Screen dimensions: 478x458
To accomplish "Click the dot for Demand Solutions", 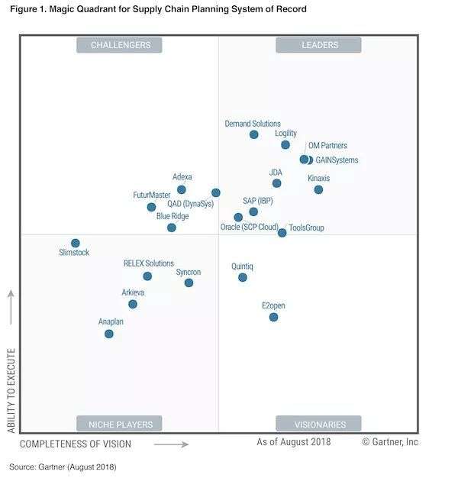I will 254,134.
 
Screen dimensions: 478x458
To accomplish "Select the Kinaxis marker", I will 318,189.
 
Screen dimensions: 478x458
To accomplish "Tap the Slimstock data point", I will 76,243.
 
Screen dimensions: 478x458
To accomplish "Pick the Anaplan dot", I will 109,334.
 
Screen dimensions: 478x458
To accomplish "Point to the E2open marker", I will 273,317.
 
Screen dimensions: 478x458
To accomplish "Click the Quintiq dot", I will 243,277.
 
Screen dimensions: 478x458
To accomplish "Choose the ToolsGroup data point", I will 282,232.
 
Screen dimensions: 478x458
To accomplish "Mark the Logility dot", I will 285,144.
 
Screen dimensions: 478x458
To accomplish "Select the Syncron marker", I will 189,283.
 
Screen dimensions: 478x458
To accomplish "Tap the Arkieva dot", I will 133,304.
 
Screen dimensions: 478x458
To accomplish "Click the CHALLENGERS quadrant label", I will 121,45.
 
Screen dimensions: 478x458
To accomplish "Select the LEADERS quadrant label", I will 318,45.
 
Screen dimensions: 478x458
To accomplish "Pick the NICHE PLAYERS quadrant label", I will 120,424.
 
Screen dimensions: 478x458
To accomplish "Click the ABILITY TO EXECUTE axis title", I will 11,391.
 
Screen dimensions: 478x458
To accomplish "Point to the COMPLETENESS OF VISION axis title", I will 75,444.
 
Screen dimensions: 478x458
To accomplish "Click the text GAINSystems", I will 337,160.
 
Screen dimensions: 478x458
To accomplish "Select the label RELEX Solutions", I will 149,263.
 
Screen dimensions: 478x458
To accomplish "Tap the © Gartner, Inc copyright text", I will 390,442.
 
